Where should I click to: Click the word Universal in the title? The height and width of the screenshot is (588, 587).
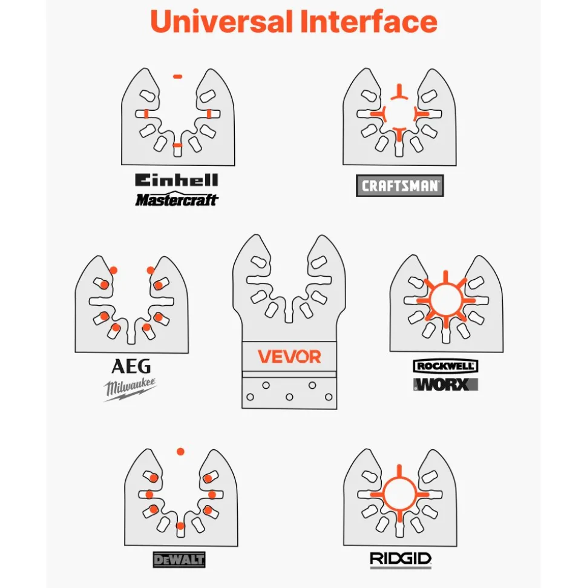pyautogui.click(x=221, y=21)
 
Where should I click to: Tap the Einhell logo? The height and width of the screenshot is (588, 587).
pyautogui.click(x=177, y=180)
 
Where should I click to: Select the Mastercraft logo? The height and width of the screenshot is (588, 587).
pyautogui.click(x=177, y=199)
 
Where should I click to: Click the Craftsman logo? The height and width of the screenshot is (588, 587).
pyautogui.click(x=399, y=186)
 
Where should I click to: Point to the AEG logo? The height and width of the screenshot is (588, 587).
pyautogui.click(x=131, y=366)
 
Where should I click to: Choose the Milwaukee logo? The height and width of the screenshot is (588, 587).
pyautogui.click(x=130, y=389)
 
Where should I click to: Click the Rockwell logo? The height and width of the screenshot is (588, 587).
pyautogui.click(x=445, y=366)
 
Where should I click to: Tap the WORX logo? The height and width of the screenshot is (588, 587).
pyautogui.click(x=445, y=385)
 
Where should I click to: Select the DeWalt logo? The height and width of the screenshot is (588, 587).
pyautogui.click(x=179, y=560)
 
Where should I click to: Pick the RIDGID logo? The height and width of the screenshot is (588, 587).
pyautogui.click(x=401, y=559)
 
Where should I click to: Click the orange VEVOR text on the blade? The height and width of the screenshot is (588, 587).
pyautogui.click(x=289, y=357)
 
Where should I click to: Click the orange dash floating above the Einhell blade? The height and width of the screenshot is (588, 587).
pyautogui.click(x=178, y=76)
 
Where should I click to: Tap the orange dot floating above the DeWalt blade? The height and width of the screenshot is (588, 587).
pyautogui.click(x=180, y=452)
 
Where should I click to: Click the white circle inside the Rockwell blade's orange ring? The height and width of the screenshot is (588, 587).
pyautogui.click(x=445, y=300)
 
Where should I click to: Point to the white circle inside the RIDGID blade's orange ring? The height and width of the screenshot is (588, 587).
pyautogui.click(x=399, y=495)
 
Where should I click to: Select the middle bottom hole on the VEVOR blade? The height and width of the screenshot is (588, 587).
pyautogui.click(x=289, y=397)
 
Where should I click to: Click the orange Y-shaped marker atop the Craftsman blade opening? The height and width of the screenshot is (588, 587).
pyautogui.click(x=399, y=92)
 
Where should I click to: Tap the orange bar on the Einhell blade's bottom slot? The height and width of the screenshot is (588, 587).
pyautogui.click(x=178, y=145)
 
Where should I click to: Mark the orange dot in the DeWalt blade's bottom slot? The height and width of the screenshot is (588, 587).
pyautogui.click(x=180, y=526)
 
